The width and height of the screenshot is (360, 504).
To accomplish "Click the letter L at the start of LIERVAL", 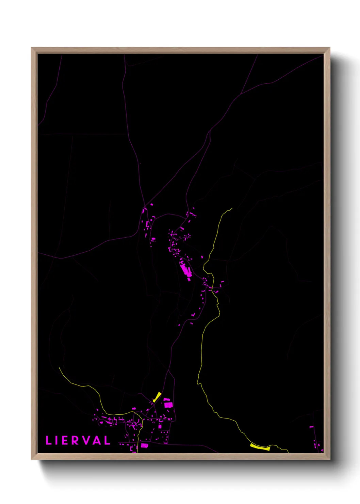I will point(48,440).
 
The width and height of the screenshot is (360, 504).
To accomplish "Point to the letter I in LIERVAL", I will point(56,440).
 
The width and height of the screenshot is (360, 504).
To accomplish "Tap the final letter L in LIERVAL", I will point(107,440).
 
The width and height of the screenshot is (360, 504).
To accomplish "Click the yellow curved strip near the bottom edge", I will point(260,447).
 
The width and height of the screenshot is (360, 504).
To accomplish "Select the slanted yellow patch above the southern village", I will point(157,397).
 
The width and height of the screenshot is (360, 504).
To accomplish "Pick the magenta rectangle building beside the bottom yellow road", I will point(145,445).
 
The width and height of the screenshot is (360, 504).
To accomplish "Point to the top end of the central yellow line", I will point(232,208).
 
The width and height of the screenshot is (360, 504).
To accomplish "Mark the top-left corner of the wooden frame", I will point(32,48).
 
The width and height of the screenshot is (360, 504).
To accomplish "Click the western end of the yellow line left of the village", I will point(59,368).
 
